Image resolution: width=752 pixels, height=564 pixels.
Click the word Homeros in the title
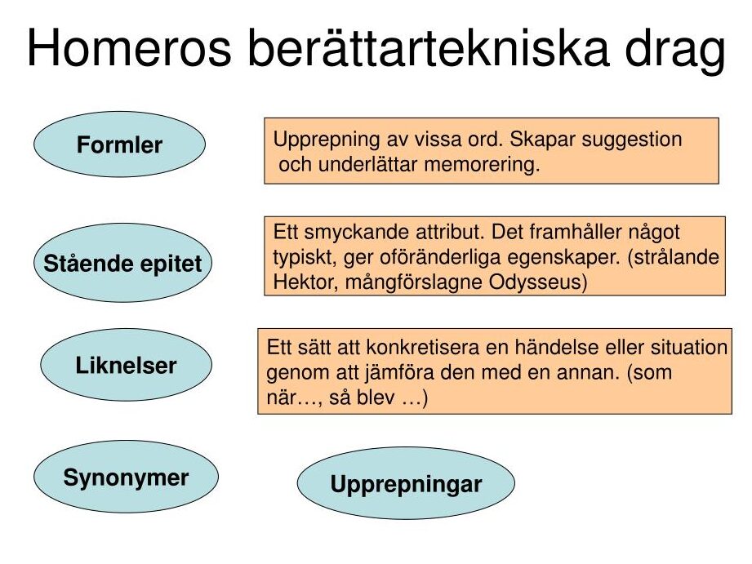click(130, 48)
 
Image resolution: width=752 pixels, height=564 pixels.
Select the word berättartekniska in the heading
click(428, 47)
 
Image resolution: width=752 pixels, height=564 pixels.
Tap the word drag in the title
click(674, 51)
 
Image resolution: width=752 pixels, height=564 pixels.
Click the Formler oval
click(119, 144)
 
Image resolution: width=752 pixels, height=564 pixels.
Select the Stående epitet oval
click(122, 263)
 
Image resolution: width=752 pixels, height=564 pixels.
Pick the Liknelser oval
click(126, 365)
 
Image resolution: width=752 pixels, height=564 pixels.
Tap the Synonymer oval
click(126, 477)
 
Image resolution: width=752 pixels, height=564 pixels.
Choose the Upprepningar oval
click(406, 483)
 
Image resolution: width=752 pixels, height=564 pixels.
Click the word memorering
click(482, 164)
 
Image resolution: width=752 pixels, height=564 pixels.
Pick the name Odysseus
click(537, 282)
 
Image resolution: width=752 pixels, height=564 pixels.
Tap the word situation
click(689, 347)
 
